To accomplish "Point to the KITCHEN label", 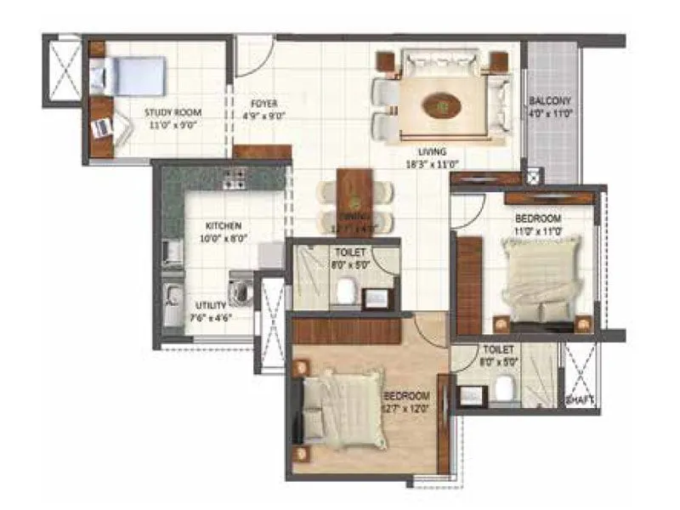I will click(x=224, y=225).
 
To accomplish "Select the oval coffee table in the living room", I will click(x=441, y=106).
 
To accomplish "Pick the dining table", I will click(x=350, y=201).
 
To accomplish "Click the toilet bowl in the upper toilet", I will click(x=345, y=292).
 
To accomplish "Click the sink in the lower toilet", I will click(x=469, y=394).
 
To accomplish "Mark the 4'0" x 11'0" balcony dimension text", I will click(x=550, y=112).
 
